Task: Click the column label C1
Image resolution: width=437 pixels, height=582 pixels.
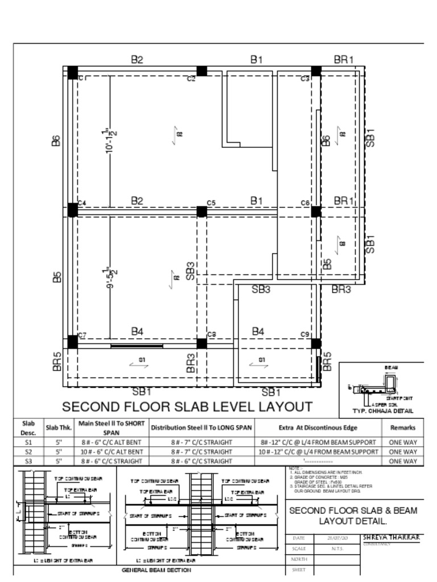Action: click(82, 78)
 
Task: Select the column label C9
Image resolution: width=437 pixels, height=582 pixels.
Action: click(305, 334)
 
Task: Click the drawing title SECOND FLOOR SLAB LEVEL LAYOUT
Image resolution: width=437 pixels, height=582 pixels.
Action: click(187, 407)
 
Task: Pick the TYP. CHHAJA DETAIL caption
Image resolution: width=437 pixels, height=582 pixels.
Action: click(383, 411)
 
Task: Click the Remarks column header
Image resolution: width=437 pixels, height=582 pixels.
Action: click(402, 428)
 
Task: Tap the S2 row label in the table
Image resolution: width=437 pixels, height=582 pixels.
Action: click(28, 452)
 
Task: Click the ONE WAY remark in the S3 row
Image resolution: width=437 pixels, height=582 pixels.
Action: click(402, 462)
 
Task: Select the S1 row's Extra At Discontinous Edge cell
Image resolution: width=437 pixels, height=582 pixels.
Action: click(318, 442)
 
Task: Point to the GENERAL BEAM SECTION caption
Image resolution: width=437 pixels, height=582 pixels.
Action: click(156, 570)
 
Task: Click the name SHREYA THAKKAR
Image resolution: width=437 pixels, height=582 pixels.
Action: click(391, 537)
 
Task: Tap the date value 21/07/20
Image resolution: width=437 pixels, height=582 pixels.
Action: click(337, 538)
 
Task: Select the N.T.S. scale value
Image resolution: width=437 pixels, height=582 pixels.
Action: click(337, 549)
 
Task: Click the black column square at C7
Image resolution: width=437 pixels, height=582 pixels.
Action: click(73, 342)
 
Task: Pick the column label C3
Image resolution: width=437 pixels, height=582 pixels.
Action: click(305, 78)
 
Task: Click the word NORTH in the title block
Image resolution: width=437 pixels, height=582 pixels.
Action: click(299, 559)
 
